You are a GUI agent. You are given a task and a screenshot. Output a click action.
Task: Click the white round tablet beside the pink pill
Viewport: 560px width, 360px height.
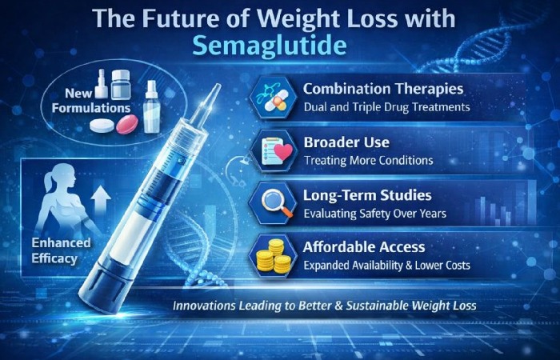pos(102,126)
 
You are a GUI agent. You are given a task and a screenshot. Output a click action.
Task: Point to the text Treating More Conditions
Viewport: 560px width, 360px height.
pos(368,160)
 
